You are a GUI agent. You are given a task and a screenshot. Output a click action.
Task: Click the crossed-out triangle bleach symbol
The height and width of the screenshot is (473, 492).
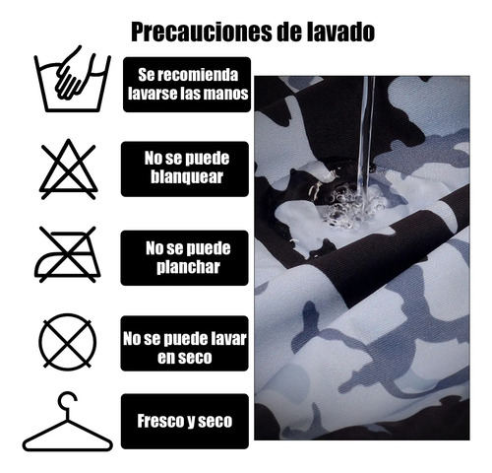coord(69,169)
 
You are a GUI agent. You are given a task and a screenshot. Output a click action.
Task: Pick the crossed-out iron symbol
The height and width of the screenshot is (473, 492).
coord(68,254)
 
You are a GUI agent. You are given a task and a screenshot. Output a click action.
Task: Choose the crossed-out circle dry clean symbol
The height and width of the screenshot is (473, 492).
coord(68,342)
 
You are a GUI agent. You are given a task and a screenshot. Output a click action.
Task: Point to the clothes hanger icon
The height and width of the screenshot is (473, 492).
coord(68,422)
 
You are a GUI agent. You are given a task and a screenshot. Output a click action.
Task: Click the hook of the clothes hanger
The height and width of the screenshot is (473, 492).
coord(67,401)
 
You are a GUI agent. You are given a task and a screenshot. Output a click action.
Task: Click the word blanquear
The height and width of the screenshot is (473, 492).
coord(187,177)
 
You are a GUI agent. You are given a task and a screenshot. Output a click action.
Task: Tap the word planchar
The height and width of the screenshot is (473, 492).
coord(188,267)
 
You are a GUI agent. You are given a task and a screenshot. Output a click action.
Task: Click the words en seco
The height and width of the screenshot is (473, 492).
coord(185,358)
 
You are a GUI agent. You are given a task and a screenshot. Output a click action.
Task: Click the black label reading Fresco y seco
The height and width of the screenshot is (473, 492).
coord(185,422)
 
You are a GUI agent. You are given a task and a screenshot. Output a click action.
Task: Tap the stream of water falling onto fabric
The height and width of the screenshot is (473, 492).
coord(366,138)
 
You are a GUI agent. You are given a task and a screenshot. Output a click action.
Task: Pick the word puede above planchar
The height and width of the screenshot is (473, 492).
coord(209,248)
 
